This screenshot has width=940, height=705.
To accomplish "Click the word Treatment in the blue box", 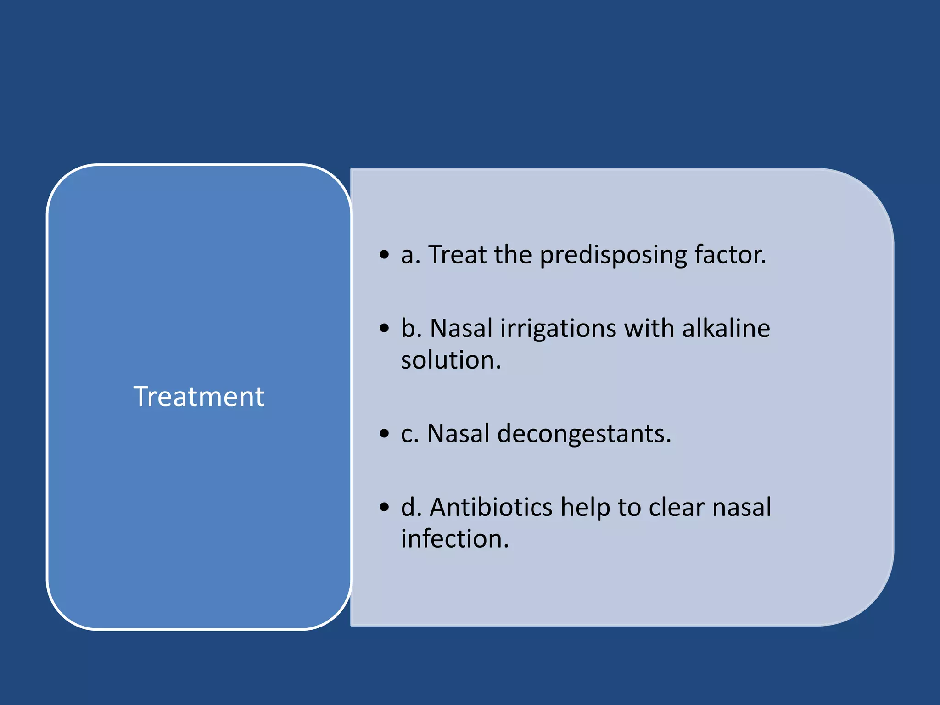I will (199, 397).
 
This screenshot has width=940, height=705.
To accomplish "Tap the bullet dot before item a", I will (384, 254).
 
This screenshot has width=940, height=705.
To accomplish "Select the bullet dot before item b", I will (384, 328).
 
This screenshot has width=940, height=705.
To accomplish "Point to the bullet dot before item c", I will (384, 433).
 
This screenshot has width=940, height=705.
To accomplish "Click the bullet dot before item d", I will (384, 507).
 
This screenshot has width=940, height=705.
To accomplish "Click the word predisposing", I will (613, 255).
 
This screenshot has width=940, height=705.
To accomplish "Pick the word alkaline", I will (726, 328).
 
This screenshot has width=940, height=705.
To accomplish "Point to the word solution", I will (451, 360).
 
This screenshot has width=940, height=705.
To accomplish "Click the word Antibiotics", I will (491, 507).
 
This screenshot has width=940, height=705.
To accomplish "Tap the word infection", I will (455, 538).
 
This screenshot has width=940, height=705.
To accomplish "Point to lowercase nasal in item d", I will (742, 507).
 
